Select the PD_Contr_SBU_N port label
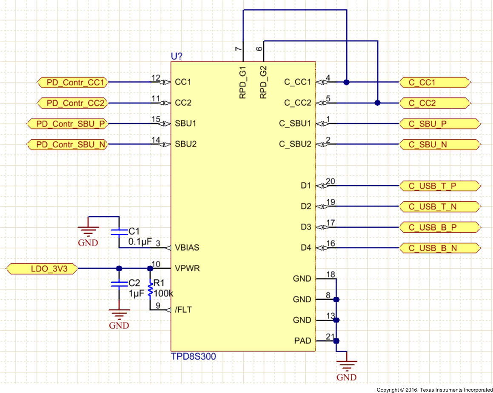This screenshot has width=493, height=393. [x=67, y=145]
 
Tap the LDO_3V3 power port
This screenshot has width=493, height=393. [x=43, y=269]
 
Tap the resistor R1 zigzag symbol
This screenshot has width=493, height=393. [x=150, y=290]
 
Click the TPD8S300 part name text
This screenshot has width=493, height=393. [x=193, y=356]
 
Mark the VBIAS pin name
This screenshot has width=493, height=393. [x=187, y=248]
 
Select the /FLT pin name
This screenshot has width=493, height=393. [x=183, y=310]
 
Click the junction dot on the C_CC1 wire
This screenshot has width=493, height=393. [x=347, y=82]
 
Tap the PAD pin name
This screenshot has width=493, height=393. [x=302, y=341]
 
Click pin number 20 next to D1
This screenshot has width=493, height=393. [x=330, y=181]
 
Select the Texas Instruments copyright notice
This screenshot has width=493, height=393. [x=434, y=390]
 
